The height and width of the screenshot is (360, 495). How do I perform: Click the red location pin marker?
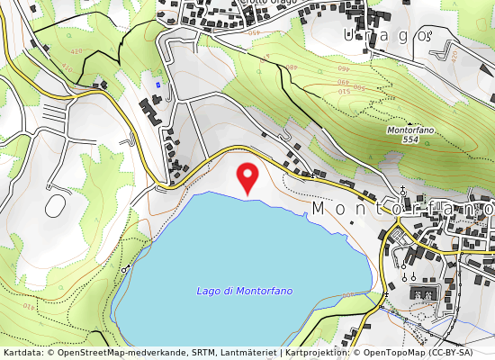246,176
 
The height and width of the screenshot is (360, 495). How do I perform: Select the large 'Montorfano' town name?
401,208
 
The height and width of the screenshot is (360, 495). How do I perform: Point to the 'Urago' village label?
389,35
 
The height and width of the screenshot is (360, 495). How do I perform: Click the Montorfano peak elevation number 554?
410,139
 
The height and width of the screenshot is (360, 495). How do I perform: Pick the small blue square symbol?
158,85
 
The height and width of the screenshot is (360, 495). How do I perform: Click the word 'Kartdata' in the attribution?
22,353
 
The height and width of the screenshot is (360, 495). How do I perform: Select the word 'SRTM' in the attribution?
201,353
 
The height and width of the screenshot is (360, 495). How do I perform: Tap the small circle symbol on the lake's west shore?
125,268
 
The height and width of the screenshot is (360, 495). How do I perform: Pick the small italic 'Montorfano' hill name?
410,130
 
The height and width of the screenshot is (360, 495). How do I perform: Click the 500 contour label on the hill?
358,87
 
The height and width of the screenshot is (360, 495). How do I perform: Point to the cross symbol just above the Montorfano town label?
402,191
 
